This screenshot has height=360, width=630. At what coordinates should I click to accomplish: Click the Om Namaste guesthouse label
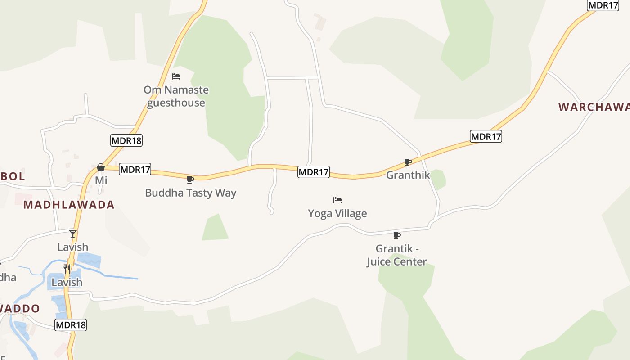(x=176, y=96)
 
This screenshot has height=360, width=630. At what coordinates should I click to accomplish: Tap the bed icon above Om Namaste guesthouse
(x=176, y=76)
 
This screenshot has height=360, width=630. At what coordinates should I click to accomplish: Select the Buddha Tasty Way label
(x=190, y=193)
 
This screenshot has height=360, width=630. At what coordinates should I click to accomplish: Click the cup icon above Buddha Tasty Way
(x=190, y=180)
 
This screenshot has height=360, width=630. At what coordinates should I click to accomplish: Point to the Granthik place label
(x=408, y=175)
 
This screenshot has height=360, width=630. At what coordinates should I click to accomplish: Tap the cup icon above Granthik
(x=408, y=162)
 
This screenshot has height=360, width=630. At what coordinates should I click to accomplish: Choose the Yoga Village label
(x=337, y=213)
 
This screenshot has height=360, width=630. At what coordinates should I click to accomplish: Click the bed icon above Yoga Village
(x=337, y=200)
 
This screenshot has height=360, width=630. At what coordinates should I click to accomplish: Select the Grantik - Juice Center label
(x=397, y=255)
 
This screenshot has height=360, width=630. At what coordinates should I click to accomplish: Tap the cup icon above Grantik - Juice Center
(x=397, y=235)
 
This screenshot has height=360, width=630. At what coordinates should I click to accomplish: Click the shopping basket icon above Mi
(x=101, y=167)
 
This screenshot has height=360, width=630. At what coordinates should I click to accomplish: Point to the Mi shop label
(x=101, y=180)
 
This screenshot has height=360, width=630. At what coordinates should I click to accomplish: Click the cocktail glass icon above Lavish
(x=73, y=234)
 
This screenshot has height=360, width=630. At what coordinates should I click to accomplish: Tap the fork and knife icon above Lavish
(x=67, y=269)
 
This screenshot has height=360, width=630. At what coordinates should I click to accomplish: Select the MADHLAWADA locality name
(x=69, y=205)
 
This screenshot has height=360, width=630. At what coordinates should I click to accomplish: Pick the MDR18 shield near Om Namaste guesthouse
(x=126, y=140)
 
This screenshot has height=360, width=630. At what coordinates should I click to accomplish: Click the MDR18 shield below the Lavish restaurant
(x=71, y=325)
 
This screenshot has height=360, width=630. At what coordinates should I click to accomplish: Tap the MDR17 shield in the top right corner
(x=603, y=5)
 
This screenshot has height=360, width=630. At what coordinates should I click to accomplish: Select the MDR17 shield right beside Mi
(x=135, y=170)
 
